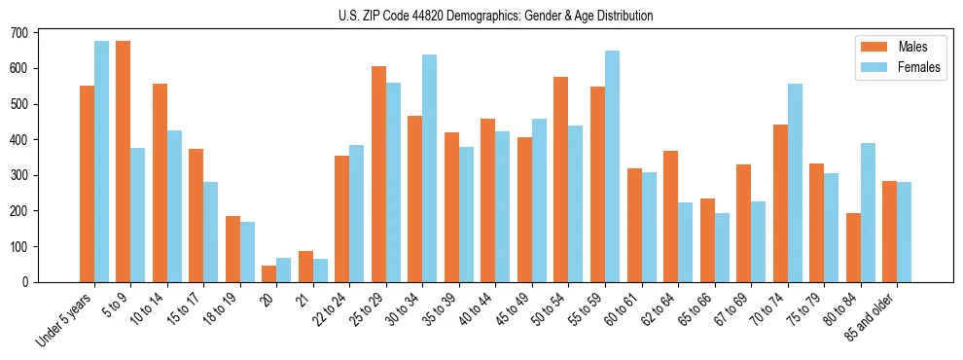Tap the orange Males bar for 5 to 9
pyautogui.click(x=123, y=162)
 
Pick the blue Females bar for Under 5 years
pyautogui.click(x=101, y=162)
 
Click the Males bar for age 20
pyautogui.click(x=268, y=273)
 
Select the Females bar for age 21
pyautogui.click(x=320, y=270)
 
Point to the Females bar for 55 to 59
pyautogui.click(x=612, y=166)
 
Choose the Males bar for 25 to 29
pyautogui.click(x=378, y=174)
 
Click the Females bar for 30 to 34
pyautogui.click(x=429, y=168)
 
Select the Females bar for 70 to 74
pyautogui.click(x=795, y=183)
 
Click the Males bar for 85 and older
pyautogui.click(x=889, y=232)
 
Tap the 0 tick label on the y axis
pyautogui.click(x=27, y=282)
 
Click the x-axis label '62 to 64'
pyautogui.click(x=657, y=310)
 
